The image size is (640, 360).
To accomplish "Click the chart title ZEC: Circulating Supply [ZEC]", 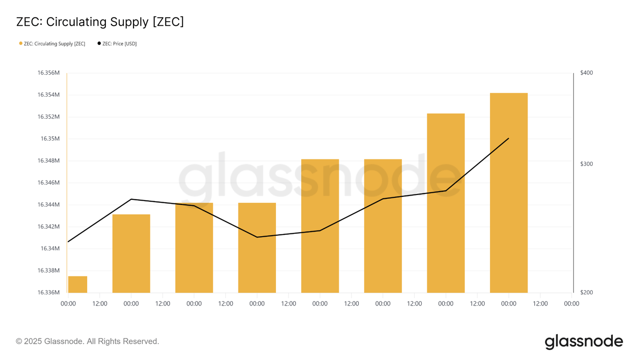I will coord(100,22).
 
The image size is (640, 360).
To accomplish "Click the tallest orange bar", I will coord(508,192).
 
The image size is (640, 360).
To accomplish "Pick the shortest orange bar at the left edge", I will coord(77,285).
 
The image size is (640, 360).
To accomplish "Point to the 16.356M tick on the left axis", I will coord(49,73).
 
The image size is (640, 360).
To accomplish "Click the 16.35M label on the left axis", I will coord(50,139).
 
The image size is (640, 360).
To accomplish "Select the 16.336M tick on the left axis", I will coord(49,292).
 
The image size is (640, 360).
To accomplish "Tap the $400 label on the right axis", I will coord(586,73).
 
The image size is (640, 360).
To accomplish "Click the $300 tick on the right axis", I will coord(586,164).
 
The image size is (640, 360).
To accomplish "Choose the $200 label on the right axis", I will coord(586,292).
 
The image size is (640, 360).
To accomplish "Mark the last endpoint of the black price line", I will coord(508,138).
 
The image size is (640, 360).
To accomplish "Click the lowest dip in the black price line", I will coord(257,237).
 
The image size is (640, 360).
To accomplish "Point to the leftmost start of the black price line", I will coord(68,242).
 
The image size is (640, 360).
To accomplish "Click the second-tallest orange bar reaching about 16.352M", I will coord(446,202).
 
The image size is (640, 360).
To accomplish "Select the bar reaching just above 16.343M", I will coord(131,253).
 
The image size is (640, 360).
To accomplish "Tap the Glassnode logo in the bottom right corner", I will coord(583,342).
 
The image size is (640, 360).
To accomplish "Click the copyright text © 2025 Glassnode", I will coord(88,342).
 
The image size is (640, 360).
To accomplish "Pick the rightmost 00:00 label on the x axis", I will coord(571,304).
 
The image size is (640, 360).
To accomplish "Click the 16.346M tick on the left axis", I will coord(49,183).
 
